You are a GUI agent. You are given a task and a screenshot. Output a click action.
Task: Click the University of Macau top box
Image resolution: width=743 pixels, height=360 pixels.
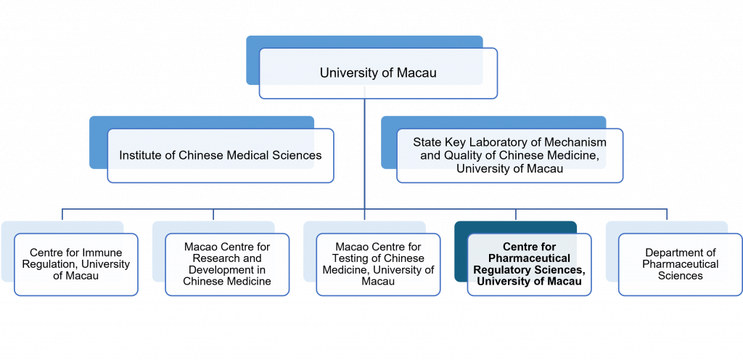[x=378, y=73]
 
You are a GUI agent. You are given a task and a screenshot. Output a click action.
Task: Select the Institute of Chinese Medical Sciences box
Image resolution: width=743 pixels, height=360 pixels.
[x=220, y=155]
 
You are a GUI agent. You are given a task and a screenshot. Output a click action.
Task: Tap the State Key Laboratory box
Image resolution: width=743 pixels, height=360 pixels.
[x=509, y=155]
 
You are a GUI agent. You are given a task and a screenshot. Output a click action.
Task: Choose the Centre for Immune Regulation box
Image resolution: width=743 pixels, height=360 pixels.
[x=76, y=264]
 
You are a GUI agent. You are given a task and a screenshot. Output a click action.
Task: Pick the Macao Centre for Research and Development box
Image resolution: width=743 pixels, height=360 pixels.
[x=227, y=264]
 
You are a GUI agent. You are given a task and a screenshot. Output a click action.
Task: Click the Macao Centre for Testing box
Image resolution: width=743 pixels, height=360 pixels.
[x=378, y=264]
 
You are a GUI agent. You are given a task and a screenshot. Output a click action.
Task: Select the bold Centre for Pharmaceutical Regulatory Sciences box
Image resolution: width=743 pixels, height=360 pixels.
[x=529, y=264]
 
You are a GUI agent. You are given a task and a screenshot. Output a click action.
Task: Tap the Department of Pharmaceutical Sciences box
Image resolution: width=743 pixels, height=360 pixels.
[x=680, y=264]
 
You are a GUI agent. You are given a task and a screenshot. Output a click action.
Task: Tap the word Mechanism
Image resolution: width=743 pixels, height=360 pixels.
[x=578, y=143]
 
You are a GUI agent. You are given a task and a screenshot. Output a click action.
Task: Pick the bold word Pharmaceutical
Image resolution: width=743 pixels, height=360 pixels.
[x=529, y=258]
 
